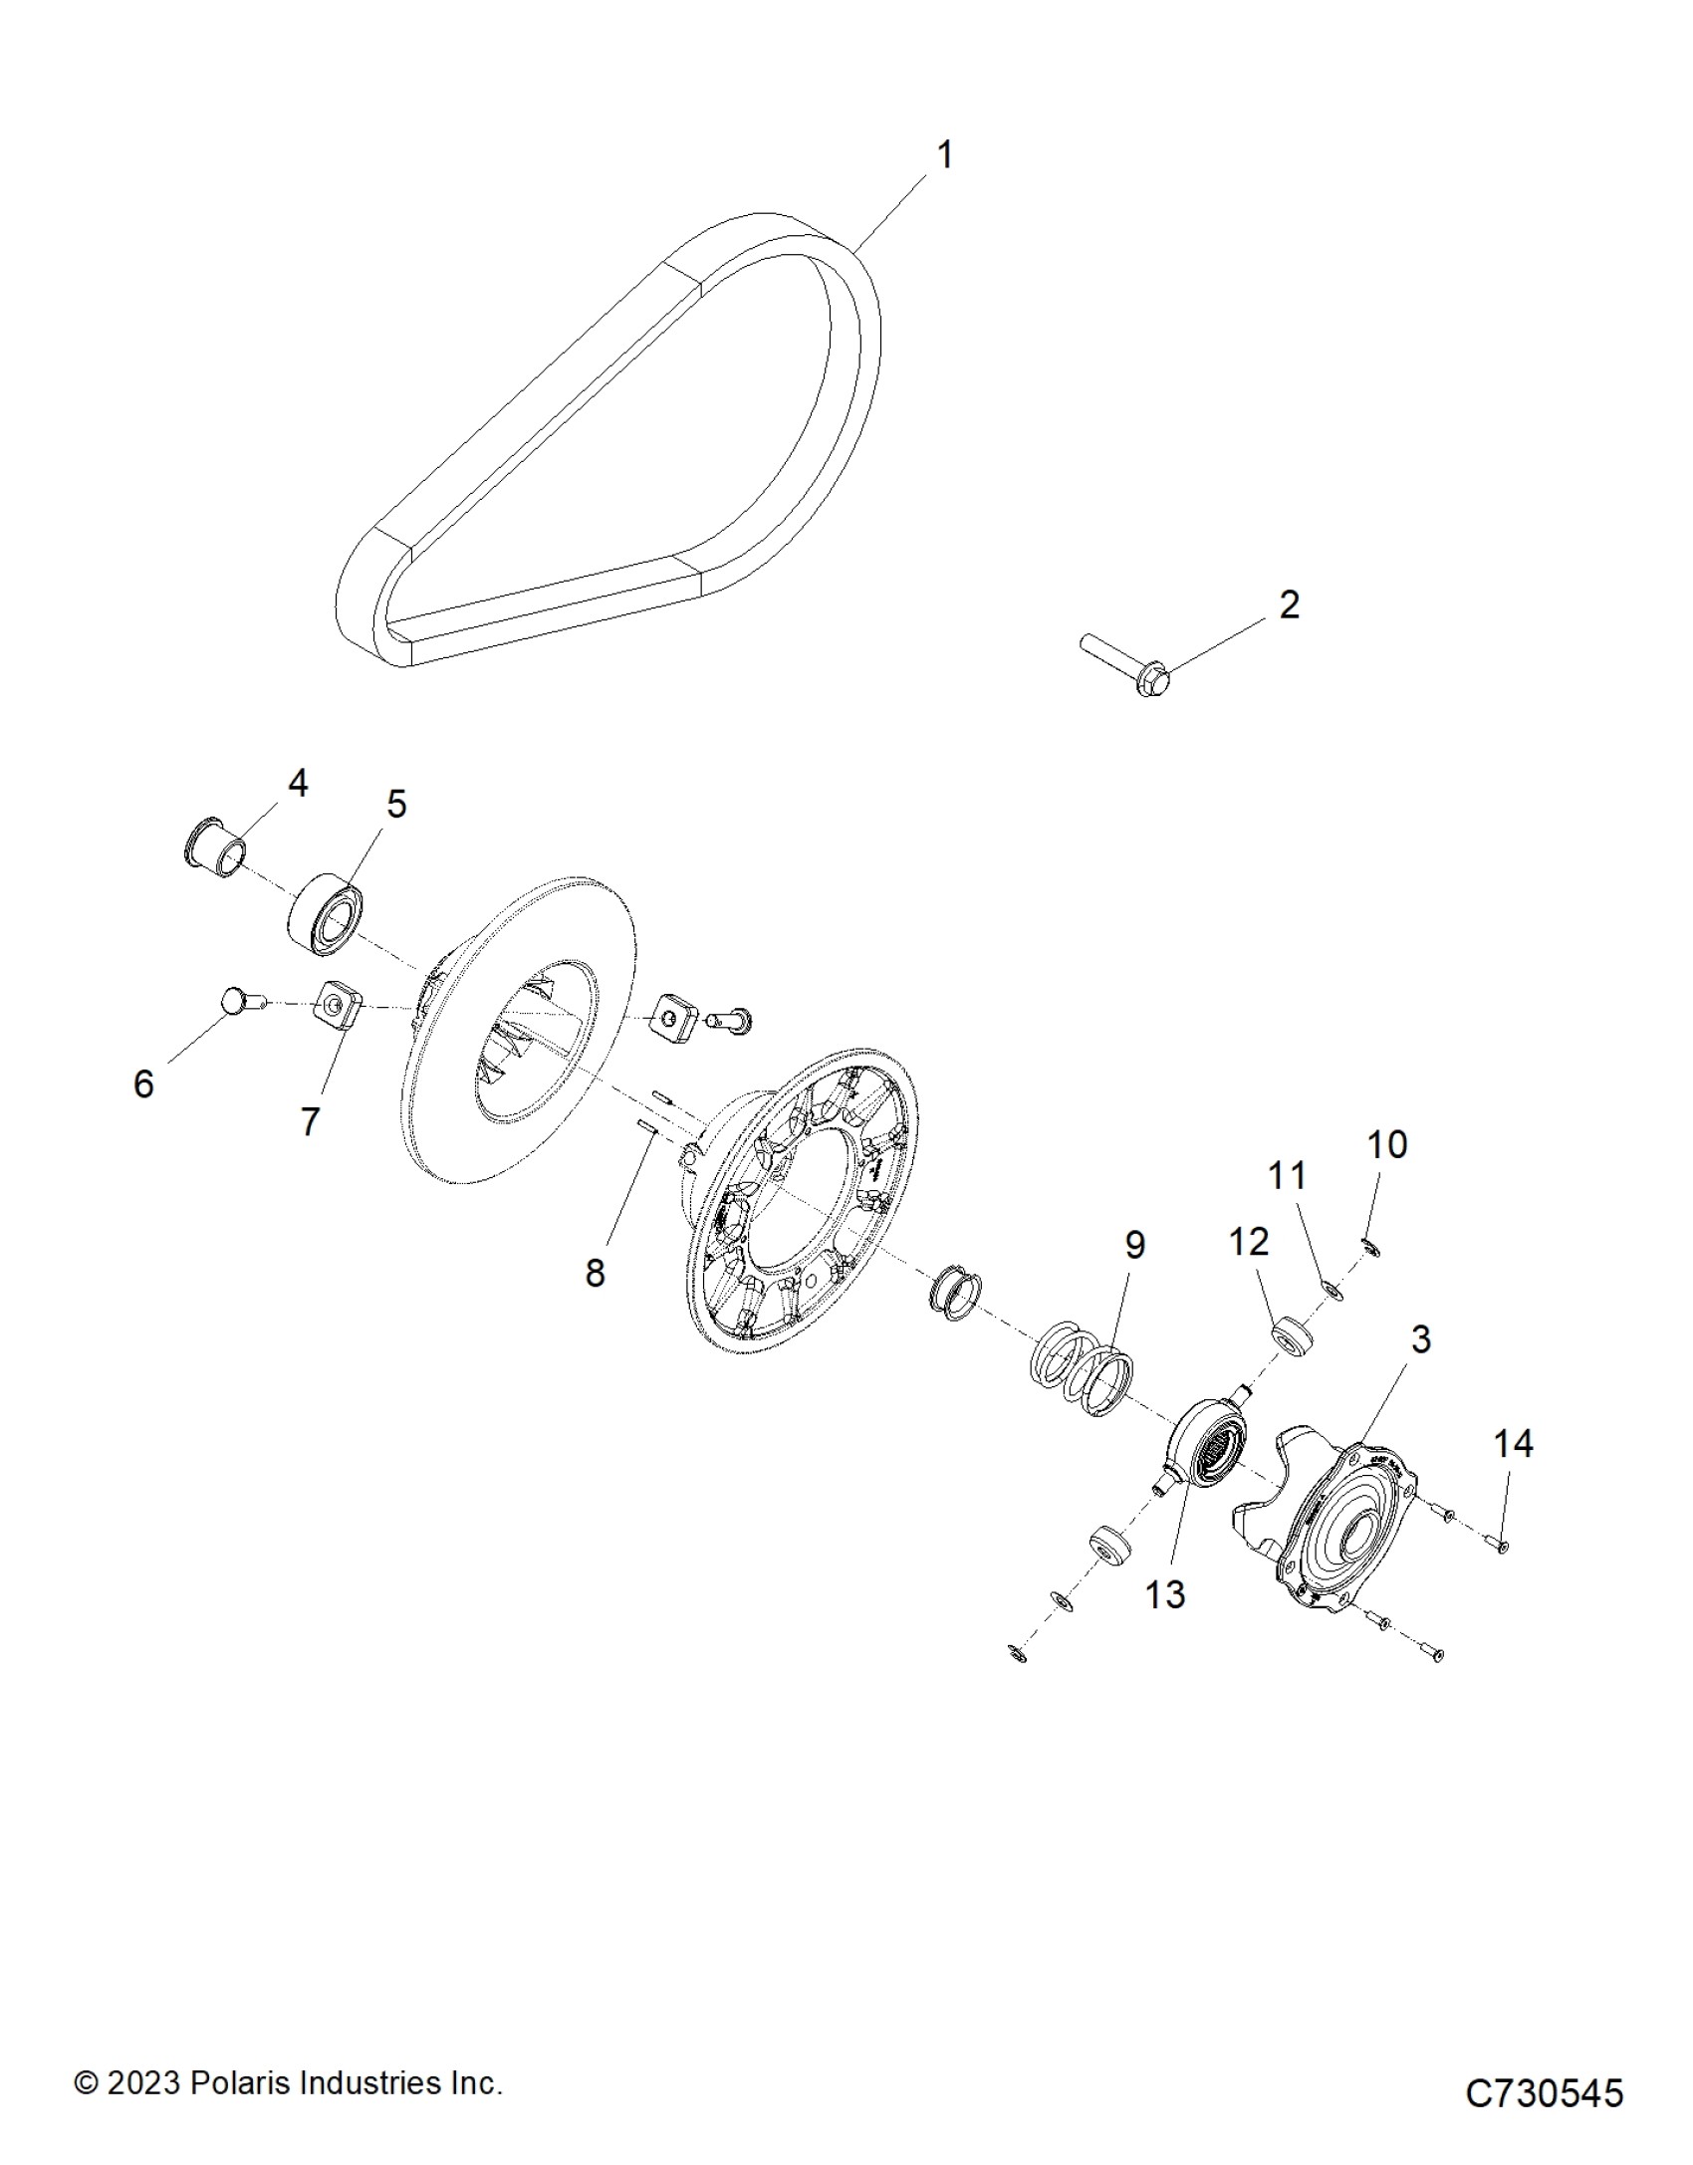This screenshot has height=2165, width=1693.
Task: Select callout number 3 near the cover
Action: click(1421, 1339)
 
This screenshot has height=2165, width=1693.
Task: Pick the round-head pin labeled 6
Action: click(236, 998)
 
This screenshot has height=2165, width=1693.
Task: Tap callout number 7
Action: click(310, 1121)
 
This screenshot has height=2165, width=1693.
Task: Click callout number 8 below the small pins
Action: click(595, 1272)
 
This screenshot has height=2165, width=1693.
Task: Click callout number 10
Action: click(1387, 1145)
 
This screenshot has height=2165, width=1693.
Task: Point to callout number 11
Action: click(1286, 1175)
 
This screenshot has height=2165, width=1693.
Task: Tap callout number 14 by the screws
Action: click(1513, 1443)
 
